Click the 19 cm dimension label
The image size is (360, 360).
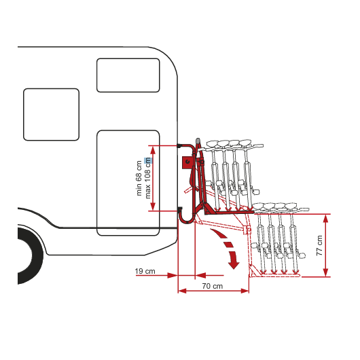pyautogui.click(x=145, y=271)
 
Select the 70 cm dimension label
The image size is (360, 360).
pyautogui.click(x=213, y=286)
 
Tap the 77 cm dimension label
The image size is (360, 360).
pyautogui.click(x=319, y=245)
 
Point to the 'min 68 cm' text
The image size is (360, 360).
pyautogui.click(x=139, y=178)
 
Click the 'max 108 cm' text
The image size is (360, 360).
pyautogui.click(x=147, y=178)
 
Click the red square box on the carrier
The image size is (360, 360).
pyautogui.click(x=187, y=162)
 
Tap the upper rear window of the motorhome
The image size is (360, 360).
pyautogui.click(x=128, y=75)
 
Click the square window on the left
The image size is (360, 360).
pyautogui.click(x=51, y=114)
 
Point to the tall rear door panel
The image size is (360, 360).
pyautogui.click(x=128, y=183)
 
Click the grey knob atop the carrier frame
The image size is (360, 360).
pyautogui.click(x=198, y=141)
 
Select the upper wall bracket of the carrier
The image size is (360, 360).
pyautogui.click(x=179, y=145)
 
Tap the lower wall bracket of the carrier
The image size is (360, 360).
pyautogui.click(x=179, y=209)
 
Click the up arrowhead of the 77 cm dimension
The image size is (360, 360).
pyautogui.click(x=325, y=219)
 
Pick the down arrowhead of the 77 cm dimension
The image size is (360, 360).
pyautogui.click(x=325, y=272)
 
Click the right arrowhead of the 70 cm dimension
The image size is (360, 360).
pyautogui.click(x=245, y=291)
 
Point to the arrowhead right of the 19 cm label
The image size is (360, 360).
pyautogui.click(x=173, y=275)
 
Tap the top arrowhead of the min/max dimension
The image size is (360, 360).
pyautogui.click(x=153, y=150)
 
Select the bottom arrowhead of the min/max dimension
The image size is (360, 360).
pyautogui.click(x=153, y=206)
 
